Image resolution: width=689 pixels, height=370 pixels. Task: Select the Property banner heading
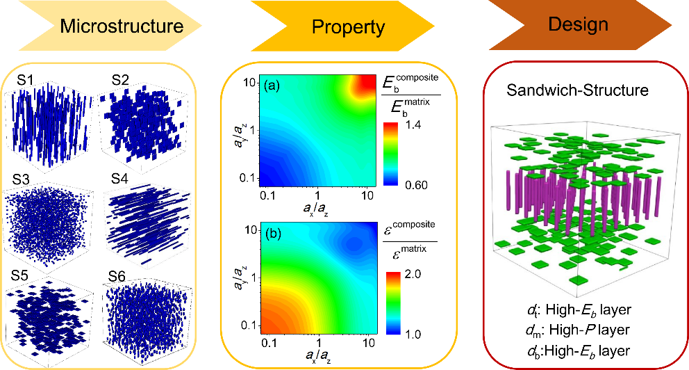[348, 27]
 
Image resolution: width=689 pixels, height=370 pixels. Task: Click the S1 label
[26, 80]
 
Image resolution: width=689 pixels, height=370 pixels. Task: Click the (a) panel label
[272, 86]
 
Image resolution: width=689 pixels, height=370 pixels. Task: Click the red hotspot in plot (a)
[361, 87]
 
